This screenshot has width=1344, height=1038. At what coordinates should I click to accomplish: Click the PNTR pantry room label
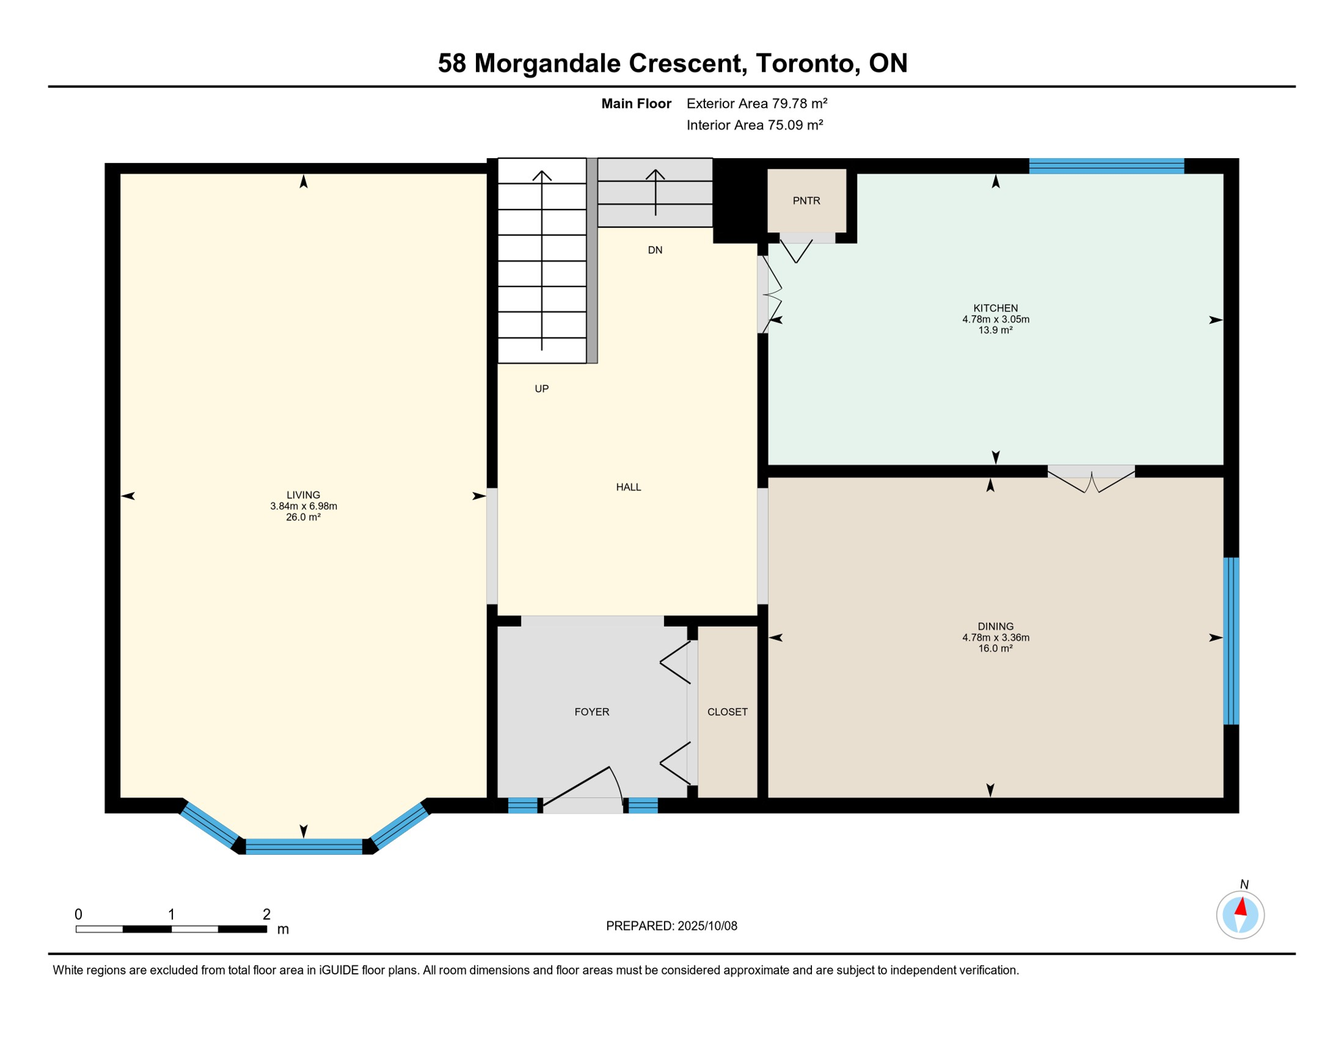(x=806, y=201)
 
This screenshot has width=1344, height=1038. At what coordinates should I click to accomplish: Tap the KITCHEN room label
(x=995, y=308)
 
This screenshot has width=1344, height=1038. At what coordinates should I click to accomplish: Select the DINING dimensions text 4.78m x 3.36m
(x=995, y=637)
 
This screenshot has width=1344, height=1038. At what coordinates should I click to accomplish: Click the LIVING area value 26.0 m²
(x=303, y=517)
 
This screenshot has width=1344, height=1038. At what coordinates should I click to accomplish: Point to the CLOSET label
(x=727, y=712)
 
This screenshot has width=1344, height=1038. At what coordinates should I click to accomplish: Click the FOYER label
(x=592, y=712)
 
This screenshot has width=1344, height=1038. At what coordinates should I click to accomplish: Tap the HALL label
(x=628, y=487)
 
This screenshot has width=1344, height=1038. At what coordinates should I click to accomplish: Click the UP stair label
(x=542, y=389)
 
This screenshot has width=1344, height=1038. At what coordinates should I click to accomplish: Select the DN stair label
(x=654, y=250)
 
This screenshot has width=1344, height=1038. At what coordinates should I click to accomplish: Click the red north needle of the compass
(x=1241, y=906)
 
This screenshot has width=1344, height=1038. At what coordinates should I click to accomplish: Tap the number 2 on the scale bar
(x=266, y=914)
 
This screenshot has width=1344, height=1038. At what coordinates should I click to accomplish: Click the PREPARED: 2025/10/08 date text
(x=671, y=926)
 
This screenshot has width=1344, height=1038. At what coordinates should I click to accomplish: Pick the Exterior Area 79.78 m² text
(x=757, y=103)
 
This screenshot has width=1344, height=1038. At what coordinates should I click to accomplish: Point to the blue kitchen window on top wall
(x=1106, y=166)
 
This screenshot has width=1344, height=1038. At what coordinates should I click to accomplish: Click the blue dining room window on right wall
(x=1231, y=641)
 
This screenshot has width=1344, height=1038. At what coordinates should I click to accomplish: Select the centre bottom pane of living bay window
(x=304, y=846)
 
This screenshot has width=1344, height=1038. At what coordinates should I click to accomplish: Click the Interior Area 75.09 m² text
(x=754, y=125)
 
